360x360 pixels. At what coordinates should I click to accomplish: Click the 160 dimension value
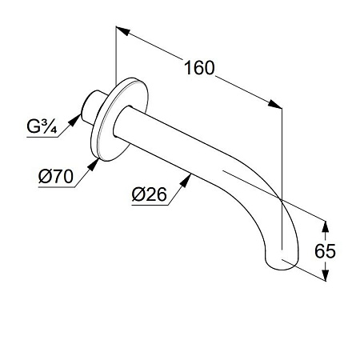click(x=199, y=68)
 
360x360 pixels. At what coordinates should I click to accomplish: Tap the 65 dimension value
click(x=325, y=251)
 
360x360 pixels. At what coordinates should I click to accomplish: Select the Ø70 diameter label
click(x=55, y=176)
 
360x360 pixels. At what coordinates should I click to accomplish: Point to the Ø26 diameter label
click(x=149, y=194)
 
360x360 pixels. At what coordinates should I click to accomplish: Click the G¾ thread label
click(x=42, y=126)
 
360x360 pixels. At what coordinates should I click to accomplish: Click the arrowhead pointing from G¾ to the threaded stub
click(x=75, y=119)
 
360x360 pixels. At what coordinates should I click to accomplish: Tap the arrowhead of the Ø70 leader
click(x=93, y=165)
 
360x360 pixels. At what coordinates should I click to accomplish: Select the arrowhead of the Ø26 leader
click(x=186, y=181)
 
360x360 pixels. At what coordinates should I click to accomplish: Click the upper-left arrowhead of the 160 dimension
click(x=122, y=30)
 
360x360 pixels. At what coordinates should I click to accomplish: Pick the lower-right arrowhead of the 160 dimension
click(x=274, y=104)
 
